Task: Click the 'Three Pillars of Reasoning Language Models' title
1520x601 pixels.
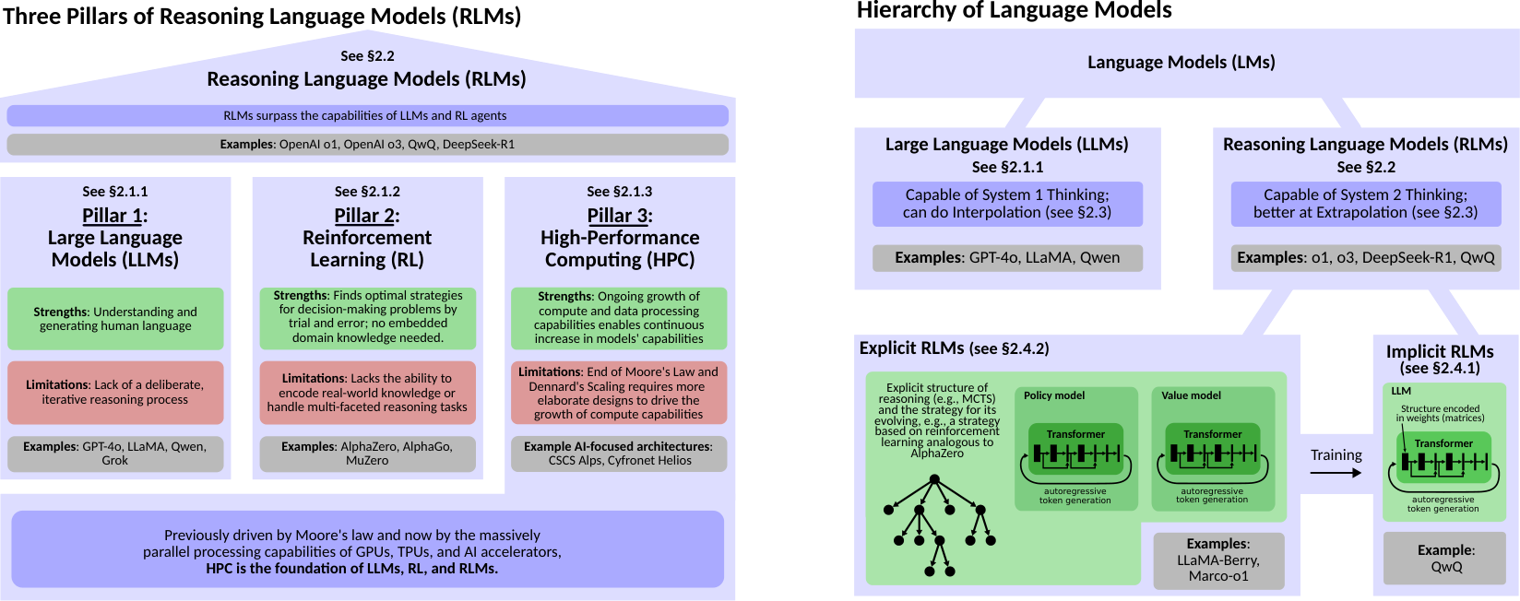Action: [262, 16]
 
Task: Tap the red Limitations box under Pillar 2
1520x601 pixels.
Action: [367, 392]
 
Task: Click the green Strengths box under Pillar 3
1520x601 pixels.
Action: [619, 317]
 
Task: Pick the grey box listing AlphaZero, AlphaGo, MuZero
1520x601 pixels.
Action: [367, 453]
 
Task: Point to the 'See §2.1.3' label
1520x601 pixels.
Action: [619, 192]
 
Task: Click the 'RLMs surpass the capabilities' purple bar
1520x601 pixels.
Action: [367, 115]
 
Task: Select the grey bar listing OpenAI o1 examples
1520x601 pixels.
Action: [367, 144]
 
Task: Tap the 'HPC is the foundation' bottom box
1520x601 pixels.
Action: [367, 550]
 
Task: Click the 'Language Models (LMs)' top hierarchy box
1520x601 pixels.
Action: [1181, 63]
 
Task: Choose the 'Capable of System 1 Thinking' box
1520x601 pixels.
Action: [1007, 204]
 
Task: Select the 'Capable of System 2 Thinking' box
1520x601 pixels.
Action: [1365, 204]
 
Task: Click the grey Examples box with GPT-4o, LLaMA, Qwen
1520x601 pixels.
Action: [1007, 257]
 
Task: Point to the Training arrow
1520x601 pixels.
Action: [1336, 473]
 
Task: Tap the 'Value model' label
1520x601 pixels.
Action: [1191, 395]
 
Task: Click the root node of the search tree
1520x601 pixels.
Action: [934, 479]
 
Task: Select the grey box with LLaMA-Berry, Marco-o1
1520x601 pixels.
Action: [1217, 560]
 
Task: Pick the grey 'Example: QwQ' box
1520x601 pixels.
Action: [1445, 558]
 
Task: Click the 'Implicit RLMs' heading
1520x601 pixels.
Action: [1439, 351]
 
